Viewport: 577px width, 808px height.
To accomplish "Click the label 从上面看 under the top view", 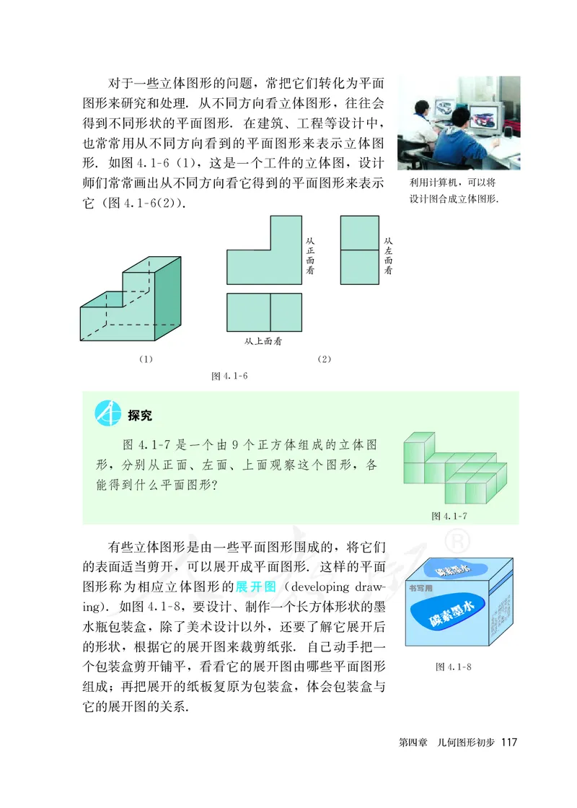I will pyautogui.click(x=263, y=341).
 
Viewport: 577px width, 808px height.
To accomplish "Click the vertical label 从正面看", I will pyautogui.click(x=310, y=255).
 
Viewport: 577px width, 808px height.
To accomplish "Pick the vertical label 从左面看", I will pyautogui.click(x=388, y=255).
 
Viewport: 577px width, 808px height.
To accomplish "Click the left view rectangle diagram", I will pyautogui.click(x=358, y=250).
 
